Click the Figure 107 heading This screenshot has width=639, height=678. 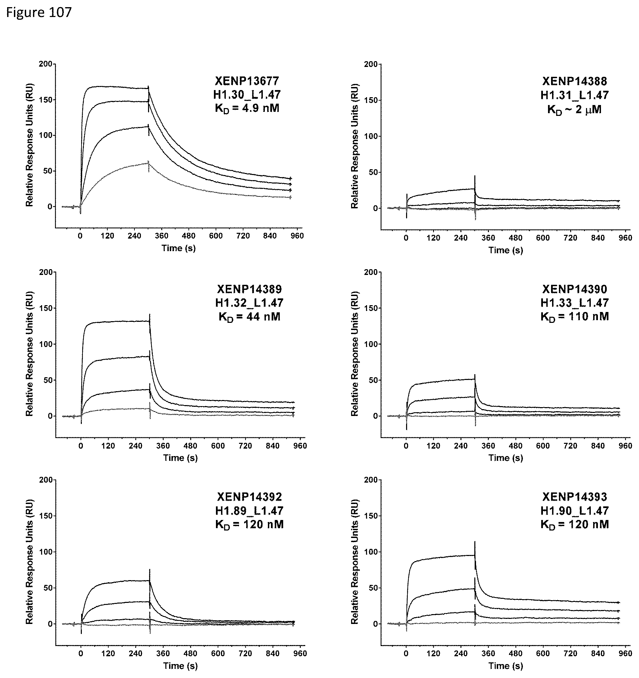coord(39,13)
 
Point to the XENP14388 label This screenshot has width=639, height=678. coord(574,81)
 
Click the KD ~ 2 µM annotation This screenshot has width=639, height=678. coord(574,110)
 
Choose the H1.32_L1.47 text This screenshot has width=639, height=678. coord(249,303)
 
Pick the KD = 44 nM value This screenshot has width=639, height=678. coord(249,317)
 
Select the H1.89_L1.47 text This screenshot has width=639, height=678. coord(249,511)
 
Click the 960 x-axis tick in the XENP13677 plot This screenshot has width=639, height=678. coord(297,236)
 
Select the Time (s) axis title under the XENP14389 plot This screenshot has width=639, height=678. coord(180,458)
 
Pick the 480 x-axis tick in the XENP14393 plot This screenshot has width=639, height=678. coord(515,654)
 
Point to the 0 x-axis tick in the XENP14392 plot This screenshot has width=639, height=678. coord(81,654)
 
